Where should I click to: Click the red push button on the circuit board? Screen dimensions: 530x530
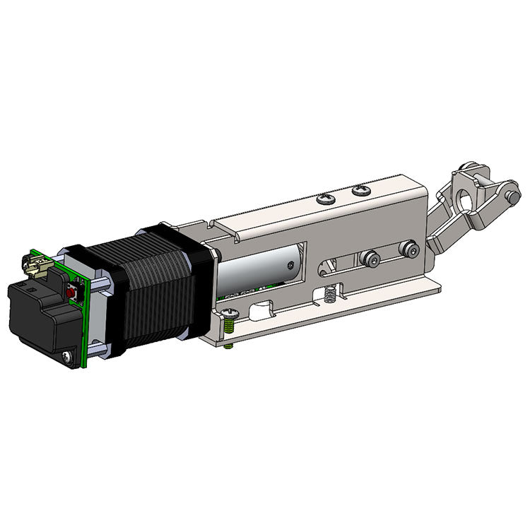click(x=71, y=292)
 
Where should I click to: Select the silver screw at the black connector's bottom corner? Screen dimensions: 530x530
click(x=67, y=357)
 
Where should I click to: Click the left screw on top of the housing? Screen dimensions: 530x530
click(x=326, y=199)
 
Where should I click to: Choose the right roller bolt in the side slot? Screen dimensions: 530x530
click(x=408, y=249)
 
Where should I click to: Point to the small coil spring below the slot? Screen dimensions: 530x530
click(x=329, y=295)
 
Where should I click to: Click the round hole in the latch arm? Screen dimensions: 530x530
click(x=467, y=201)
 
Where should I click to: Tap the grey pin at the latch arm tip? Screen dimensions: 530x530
click(x=508, y=200)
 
